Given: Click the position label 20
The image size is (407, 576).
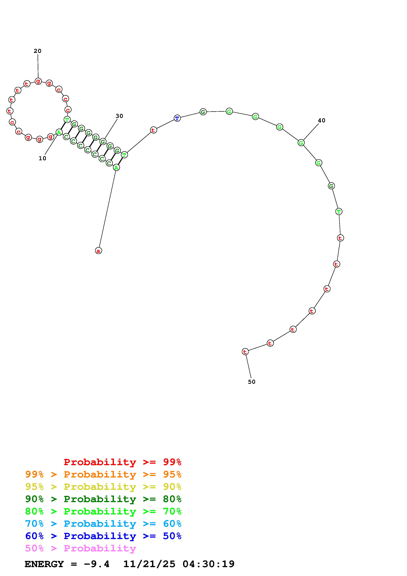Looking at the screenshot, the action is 38,51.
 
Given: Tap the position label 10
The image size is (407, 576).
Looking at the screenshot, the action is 42,158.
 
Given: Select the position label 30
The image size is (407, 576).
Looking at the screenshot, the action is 119,116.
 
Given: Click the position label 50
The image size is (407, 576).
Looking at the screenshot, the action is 252,382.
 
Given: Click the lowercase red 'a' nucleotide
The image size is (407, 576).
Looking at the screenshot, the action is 99,250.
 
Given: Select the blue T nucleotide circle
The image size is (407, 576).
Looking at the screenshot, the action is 177,118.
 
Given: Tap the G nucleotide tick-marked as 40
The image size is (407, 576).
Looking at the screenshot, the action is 301,143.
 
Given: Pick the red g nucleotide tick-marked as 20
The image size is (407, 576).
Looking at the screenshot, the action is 38,81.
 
